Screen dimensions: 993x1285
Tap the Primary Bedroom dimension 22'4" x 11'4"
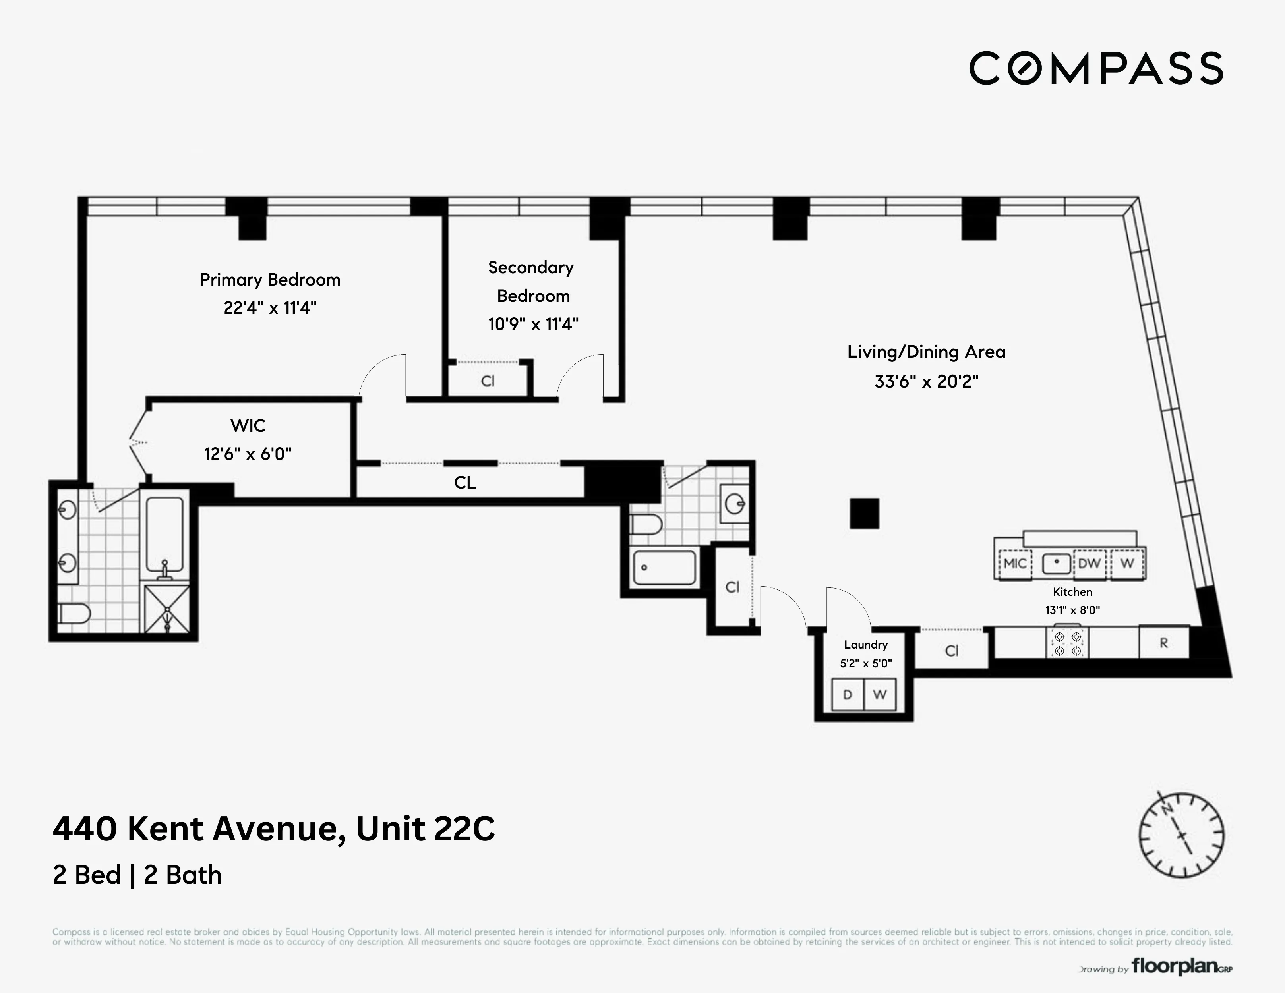(270, 308)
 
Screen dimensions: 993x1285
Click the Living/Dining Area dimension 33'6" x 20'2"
(926, 381)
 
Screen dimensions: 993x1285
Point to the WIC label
(248, 425)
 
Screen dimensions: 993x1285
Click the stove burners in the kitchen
(1068, 643)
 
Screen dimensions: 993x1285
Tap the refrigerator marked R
(1163, 643)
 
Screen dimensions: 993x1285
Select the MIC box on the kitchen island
(1015, 563)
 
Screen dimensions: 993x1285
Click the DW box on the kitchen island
(1089, 563)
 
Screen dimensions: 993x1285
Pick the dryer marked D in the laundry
(847, 695)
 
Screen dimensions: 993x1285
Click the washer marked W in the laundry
(880, 695)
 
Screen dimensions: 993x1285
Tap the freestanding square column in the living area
(864, 514)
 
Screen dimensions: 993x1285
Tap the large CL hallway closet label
(465, 482)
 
